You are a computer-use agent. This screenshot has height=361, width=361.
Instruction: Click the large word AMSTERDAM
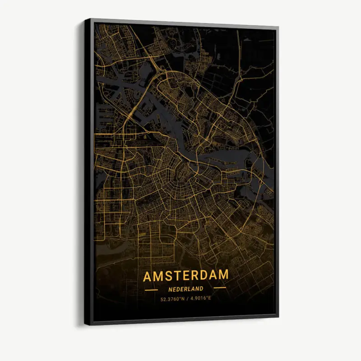(x=186, y=275)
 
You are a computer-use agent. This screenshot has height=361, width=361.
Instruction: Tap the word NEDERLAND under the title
(x=185, y=289)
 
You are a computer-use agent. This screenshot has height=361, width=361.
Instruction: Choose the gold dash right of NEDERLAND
(x=219, y=287)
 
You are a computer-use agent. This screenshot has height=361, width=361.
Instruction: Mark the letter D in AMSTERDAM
(x=206, y=275)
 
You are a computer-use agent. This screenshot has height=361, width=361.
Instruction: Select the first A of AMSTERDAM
(x=148, y=275)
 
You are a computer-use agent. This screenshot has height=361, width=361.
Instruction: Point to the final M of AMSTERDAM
(x=223, y=275)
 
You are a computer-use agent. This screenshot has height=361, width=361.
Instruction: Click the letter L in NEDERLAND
(x=190, y=289)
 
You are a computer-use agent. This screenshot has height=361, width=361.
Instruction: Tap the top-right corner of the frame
(x=278, y=28)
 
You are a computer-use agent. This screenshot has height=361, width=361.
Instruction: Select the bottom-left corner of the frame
(x=85, y=324)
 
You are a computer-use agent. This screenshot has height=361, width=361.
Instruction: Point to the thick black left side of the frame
(x=88, y=171)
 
